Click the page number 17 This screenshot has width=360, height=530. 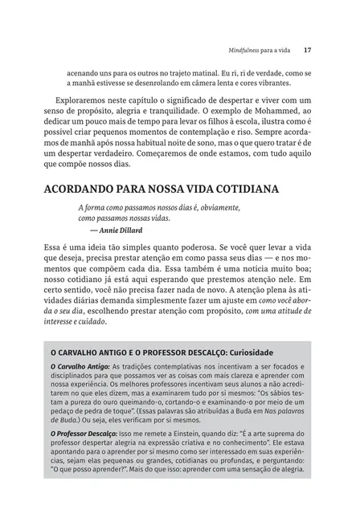pos(318,50)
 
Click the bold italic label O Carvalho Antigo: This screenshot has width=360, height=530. pos(80,367)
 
